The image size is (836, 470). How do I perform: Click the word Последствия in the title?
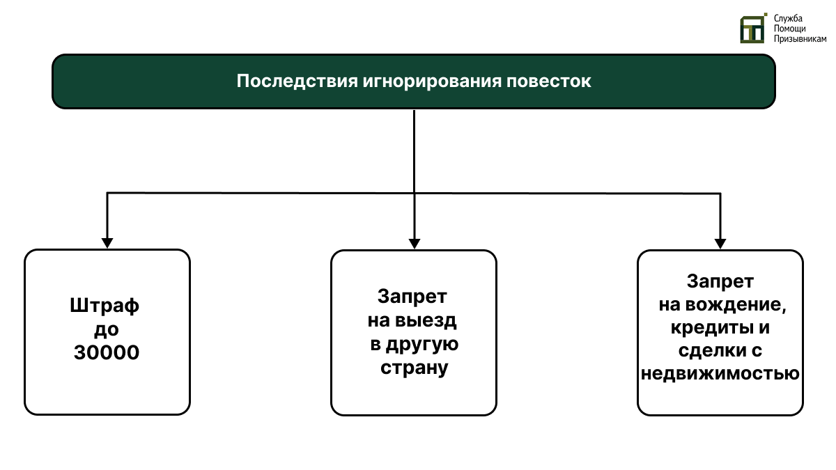297,81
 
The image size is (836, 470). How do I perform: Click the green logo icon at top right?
752,29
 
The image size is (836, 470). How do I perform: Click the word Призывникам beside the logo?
800,40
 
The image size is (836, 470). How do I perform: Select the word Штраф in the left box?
105,306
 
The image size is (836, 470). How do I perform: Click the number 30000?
107,353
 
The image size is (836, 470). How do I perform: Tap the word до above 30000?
106,329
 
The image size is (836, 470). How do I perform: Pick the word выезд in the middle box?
426,321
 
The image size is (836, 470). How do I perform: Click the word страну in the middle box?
414,368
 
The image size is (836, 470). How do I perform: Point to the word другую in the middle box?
424,344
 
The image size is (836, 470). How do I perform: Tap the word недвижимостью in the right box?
720,374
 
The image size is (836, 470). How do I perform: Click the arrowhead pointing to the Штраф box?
107,242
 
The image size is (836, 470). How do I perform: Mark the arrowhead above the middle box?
414,242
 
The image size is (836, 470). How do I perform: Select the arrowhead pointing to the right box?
720,242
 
